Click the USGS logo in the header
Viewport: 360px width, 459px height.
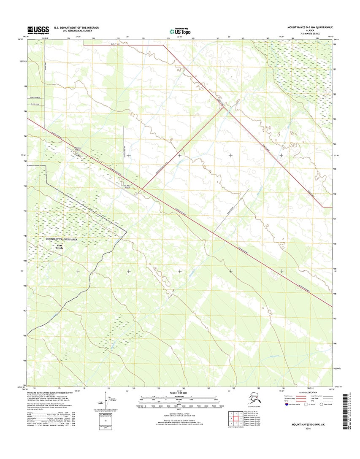[38, 30]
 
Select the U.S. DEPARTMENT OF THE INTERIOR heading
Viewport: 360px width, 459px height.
[76, 27]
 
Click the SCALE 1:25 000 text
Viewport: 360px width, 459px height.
[179, 393]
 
